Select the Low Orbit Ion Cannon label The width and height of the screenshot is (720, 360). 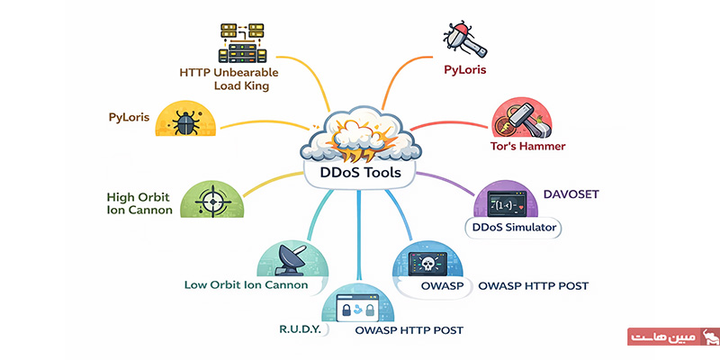click(x=246, y=285)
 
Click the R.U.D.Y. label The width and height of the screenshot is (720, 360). click(x=300, y=330)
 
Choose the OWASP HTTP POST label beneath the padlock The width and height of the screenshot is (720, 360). click(x=409, y=330)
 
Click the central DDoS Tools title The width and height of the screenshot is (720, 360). click(x=361, y=172)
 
